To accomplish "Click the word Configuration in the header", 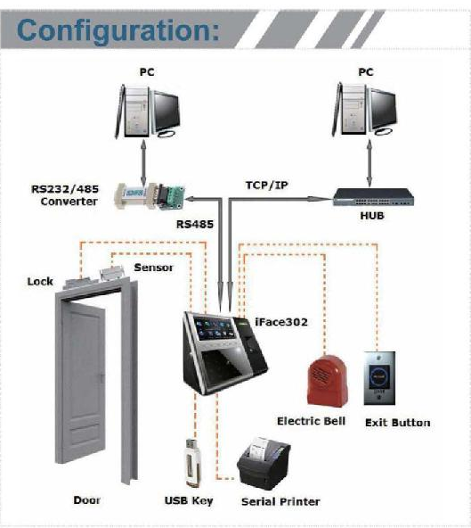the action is (118, 31).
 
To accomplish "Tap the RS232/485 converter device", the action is (150, 196).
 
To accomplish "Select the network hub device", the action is (373, 197).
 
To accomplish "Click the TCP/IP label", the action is (267, 186).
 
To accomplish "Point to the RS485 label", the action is (195, 224).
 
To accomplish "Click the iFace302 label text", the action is (281, 322).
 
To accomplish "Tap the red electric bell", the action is (327, 381).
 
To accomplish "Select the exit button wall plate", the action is (379, 378).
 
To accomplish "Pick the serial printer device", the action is (264, 464).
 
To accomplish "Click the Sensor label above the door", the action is (154, 268).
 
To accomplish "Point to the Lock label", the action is (40, 282).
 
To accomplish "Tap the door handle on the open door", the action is (101, 378).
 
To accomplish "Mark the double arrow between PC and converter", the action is (143, 162).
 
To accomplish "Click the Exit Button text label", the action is (398, 423).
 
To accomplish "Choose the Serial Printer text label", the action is (280, 502).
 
